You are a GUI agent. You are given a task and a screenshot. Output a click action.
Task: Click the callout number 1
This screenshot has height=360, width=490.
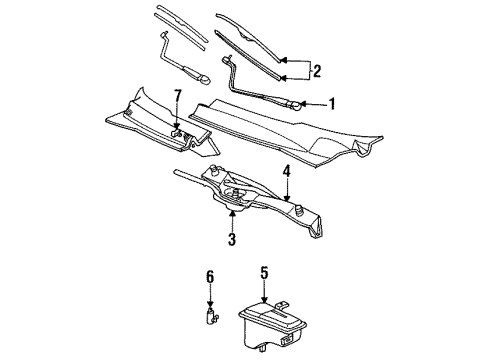[331, 104]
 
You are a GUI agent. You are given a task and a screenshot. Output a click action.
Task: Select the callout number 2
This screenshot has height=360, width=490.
[317, 71]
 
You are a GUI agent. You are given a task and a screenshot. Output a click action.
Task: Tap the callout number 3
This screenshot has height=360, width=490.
[232, 239]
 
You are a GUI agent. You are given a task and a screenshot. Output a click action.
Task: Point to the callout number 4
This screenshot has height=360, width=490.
[287, 172]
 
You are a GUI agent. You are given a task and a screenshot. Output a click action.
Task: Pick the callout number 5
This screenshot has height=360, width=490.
[264, 273]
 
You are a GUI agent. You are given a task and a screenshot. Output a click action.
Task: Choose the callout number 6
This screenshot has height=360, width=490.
[210, 277]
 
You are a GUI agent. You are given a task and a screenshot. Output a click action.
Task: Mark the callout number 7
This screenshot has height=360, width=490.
[178, 96]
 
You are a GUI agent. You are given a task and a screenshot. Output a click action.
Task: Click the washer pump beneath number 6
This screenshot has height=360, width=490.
[211, 316]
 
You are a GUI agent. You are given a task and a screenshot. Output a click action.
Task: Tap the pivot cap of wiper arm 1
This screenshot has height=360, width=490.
[295, 106]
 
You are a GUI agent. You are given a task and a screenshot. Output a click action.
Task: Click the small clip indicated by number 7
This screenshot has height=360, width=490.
[176, 133]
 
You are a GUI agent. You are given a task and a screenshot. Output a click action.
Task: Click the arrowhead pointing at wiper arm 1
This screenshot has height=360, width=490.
[303, 105]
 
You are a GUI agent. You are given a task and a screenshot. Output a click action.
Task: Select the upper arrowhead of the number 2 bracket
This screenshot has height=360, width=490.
[282, 60]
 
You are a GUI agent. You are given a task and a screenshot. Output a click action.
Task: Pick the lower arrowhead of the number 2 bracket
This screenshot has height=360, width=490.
[282, 78]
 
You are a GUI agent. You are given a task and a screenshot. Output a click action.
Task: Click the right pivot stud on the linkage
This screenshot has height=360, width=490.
[299, 210]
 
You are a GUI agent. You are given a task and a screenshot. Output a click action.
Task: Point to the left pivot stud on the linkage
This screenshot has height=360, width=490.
[213, 170]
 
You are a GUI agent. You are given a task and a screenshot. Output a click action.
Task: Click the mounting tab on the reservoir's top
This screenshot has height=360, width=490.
[282, 305]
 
